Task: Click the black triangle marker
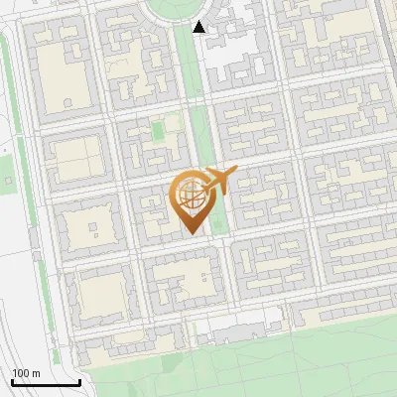click(x=199, y=27)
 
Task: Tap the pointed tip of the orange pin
click(x=191, y=232)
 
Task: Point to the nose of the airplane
click(x=235, y=173)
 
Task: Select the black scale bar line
click(x=46, y=382)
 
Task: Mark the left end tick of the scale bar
click(x=12, y=380)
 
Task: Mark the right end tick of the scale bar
click(x=79, y=380)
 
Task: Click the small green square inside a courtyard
click(x=158, y=131)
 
